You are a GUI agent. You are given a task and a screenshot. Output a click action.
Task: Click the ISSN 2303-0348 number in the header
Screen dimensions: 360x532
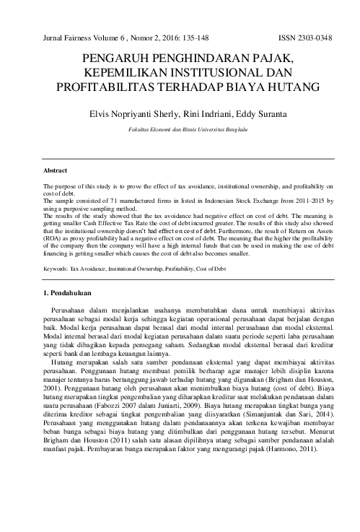(x=304, y=37)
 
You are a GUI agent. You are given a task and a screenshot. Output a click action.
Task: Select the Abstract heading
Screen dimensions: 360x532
(x=56, y=171)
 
